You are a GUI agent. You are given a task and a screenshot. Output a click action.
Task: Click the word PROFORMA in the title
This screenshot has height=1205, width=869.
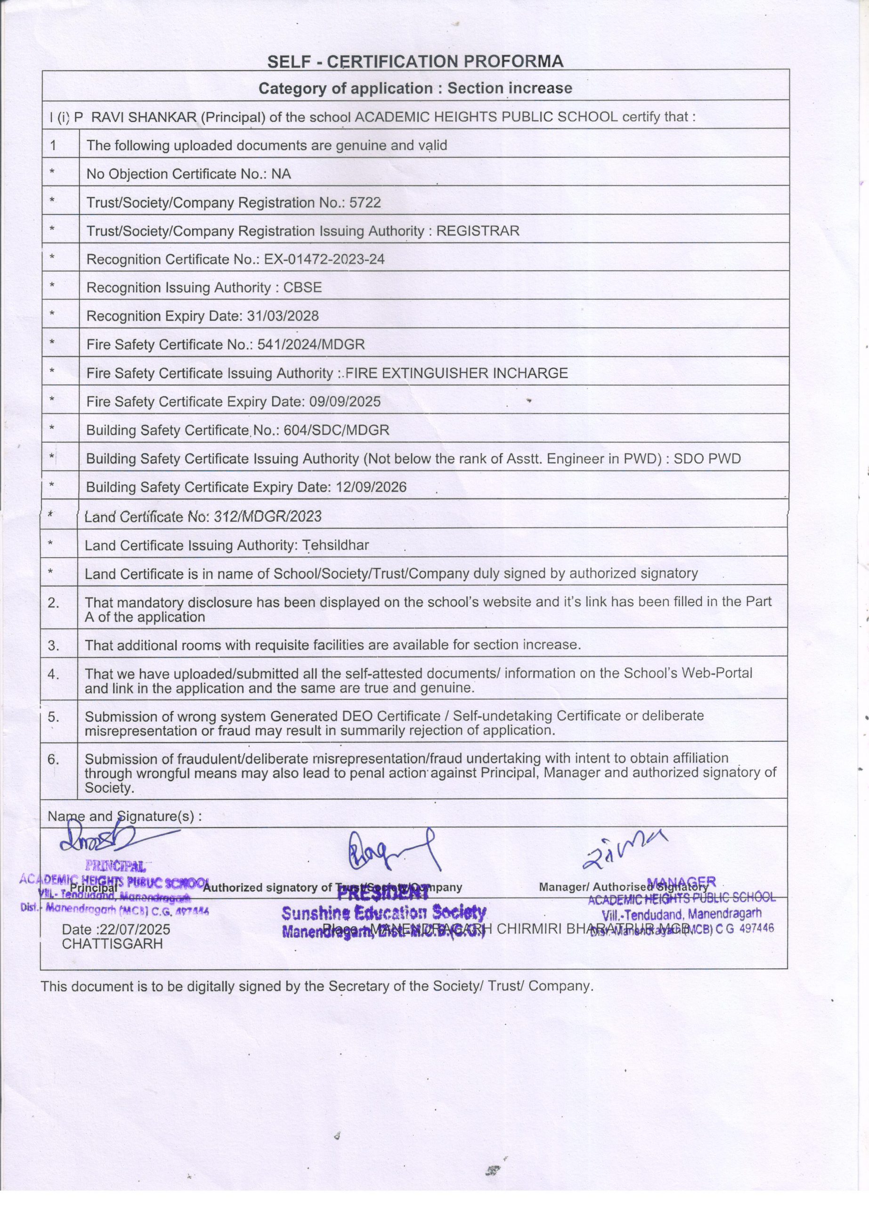click(513, 62)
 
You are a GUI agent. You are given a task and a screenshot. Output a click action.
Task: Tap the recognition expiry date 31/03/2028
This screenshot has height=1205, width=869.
click(283, 316)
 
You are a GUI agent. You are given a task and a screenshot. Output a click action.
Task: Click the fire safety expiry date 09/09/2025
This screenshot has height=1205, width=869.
click(345, 402)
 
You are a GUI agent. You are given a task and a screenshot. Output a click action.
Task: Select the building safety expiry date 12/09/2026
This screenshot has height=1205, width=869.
click(371, 487)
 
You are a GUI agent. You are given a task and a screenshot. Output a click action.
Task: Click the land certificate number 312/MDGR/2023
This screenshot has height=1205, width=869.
click(268, 516)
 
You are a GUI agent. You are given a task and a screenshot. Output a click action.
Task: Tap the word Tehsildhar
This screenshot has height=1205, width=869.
click(335, 545)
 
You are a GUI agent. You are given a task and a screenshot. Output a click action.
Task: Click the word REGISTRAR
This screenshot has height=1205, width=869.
click(478, 231)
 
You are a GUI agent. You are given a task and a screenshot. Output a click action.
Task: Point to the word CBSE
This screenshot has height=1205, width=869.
click(302, 288)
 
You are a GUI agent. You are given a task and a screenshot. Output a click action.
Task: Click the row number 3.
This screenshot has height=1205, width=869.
click(54, 645)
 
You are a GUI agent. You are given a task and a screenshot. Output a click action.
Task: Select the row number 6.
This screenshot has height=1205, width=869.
click(54, 759)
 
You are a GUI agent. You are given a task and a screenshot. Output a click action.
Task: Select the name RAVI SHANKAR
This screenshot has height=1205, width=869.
click(144, 117)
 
